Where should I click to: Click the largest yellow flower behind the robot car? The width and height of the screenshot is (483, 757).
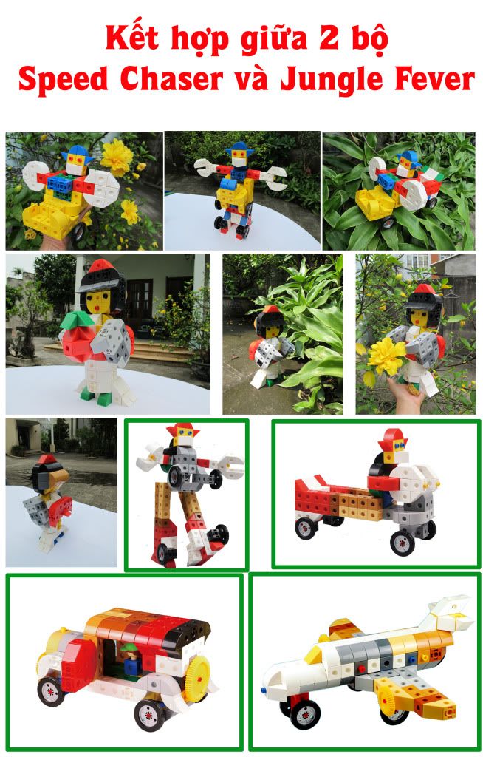point(116,156)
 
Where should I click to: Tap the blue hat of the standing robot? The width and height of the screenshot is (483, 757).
point(238,148)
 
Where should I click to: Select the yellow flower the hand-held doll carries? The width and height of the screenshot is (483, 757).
point(386,357)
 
